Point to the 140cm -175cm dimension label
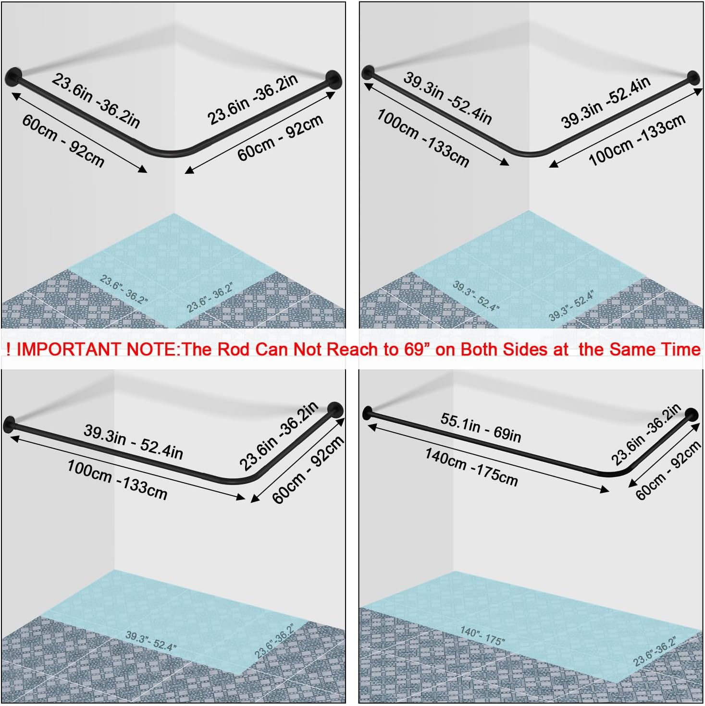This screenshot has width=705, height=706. [471, 467]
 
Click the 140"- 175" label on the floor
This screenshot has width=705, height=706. [482, 636]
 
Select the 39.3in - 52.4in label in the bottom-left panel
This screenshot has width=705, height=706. [133, 442]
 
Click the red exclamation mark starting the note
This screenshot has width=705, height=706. [8, 350]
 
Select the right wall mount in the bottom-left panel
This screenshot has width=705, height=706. [335, 410]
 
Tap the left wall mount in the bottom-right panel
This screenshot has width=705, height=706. [367, 413]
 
